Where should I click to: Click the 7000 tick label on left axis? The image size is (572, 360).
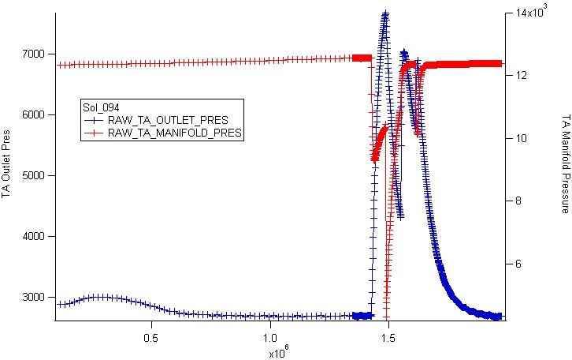[35, 54]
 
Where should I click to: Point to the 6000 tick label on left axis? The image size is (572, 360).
[35, 114]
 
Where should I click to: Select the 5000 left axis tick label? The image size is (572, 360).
[35, 175]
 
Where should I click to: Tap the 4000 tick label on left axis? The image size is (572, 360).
[35, 237]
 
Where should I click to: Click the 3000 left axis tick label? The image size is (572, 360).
[35, 297]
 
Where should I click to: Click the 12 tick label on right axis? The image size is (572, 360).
[521, 75]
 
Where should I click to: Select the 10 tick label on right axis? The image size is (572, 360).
[521, 138]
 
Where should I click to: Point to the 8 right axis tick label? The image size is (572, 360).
[518, 201]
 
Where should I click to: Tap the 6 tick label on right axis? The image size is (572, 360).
[518, 264]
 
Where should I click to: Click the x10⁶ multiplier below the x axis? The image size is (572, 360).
[279, 352]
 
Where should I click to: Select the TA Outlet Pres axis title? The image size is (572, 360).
[6, 163]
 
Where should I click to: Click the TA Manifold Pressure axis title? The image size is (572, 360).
[566, 163]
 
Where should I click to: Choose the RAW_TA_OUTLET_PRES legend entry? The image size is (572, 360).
[156, 120]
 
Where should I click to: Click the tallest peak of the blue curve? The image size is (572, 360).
[385, 13]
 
